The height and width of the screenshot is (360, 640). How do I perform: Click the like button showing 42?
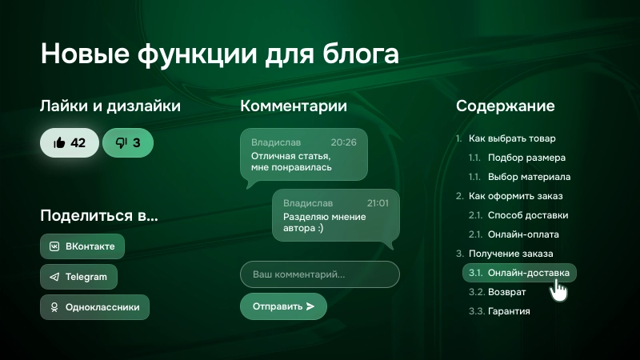tap(70, 143)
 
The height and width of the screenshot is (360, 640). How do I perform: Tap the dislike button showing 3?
tap(128, 143)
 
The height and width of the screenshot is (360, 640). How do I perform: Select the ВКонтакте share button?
tap(82, 246)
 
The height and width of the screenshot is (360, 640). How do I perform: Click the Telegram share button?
tap(78, 277)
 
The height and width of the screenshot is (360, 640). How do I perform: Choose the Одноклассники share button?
tap(94, 306)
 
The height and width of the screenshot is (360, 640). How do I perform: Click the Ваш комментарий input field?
tap(319, 274)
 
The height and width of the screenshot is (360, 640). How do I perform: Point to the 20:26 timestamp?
tap(343, 142)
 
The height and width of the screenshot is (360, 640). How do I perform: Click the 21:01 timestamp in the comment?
tap(378, 203)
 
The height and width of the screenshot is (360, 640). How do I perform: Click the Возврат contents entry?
tap(507, 292)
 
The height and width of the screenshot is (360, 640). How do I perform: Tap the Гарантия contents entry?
tap(509, 311)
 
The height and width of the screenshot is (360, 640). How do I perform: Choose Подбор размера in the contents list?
tap(526, 158)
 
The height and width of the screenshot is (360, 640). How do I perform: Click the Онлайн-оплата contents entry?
tap(523, 234)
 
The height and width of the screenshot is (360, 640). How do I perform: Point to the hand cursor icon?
tap(559, 290)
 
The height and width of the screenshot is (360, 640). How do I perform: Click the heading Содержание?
tap(505, 106)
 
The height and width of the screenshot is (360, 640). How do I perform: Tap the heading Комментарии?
tap(294, 106)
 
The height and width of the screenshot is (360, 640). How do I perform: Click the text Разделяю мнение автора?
tap(325, 222)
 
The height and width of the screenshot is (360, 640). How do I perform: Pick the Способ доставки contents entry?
tap(528, 215)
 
